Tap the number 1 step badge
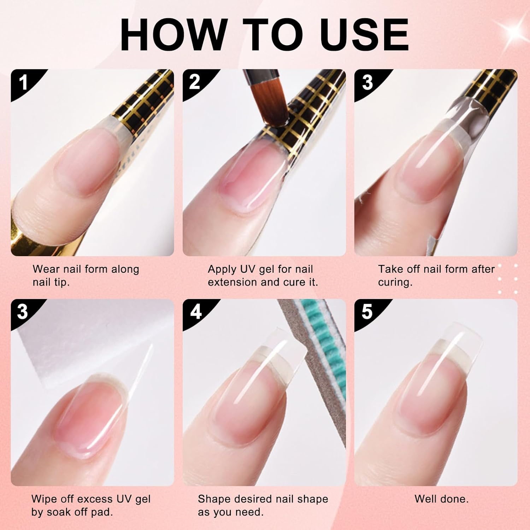(x=23, y=82)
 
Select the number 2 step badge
(x=195, y=82)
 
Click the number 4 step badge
(x=195, y=312)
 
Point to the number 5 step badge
(x=367, y=312)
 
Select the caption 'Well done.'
(x=441, y=499)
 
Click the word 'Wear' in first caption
(x=46, y=269)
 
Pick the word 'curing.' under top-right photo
(x=395, y=282)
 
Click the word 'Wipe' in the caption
(x=45, y=499)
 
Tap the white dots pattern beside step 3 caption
(x=508, y=279)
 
